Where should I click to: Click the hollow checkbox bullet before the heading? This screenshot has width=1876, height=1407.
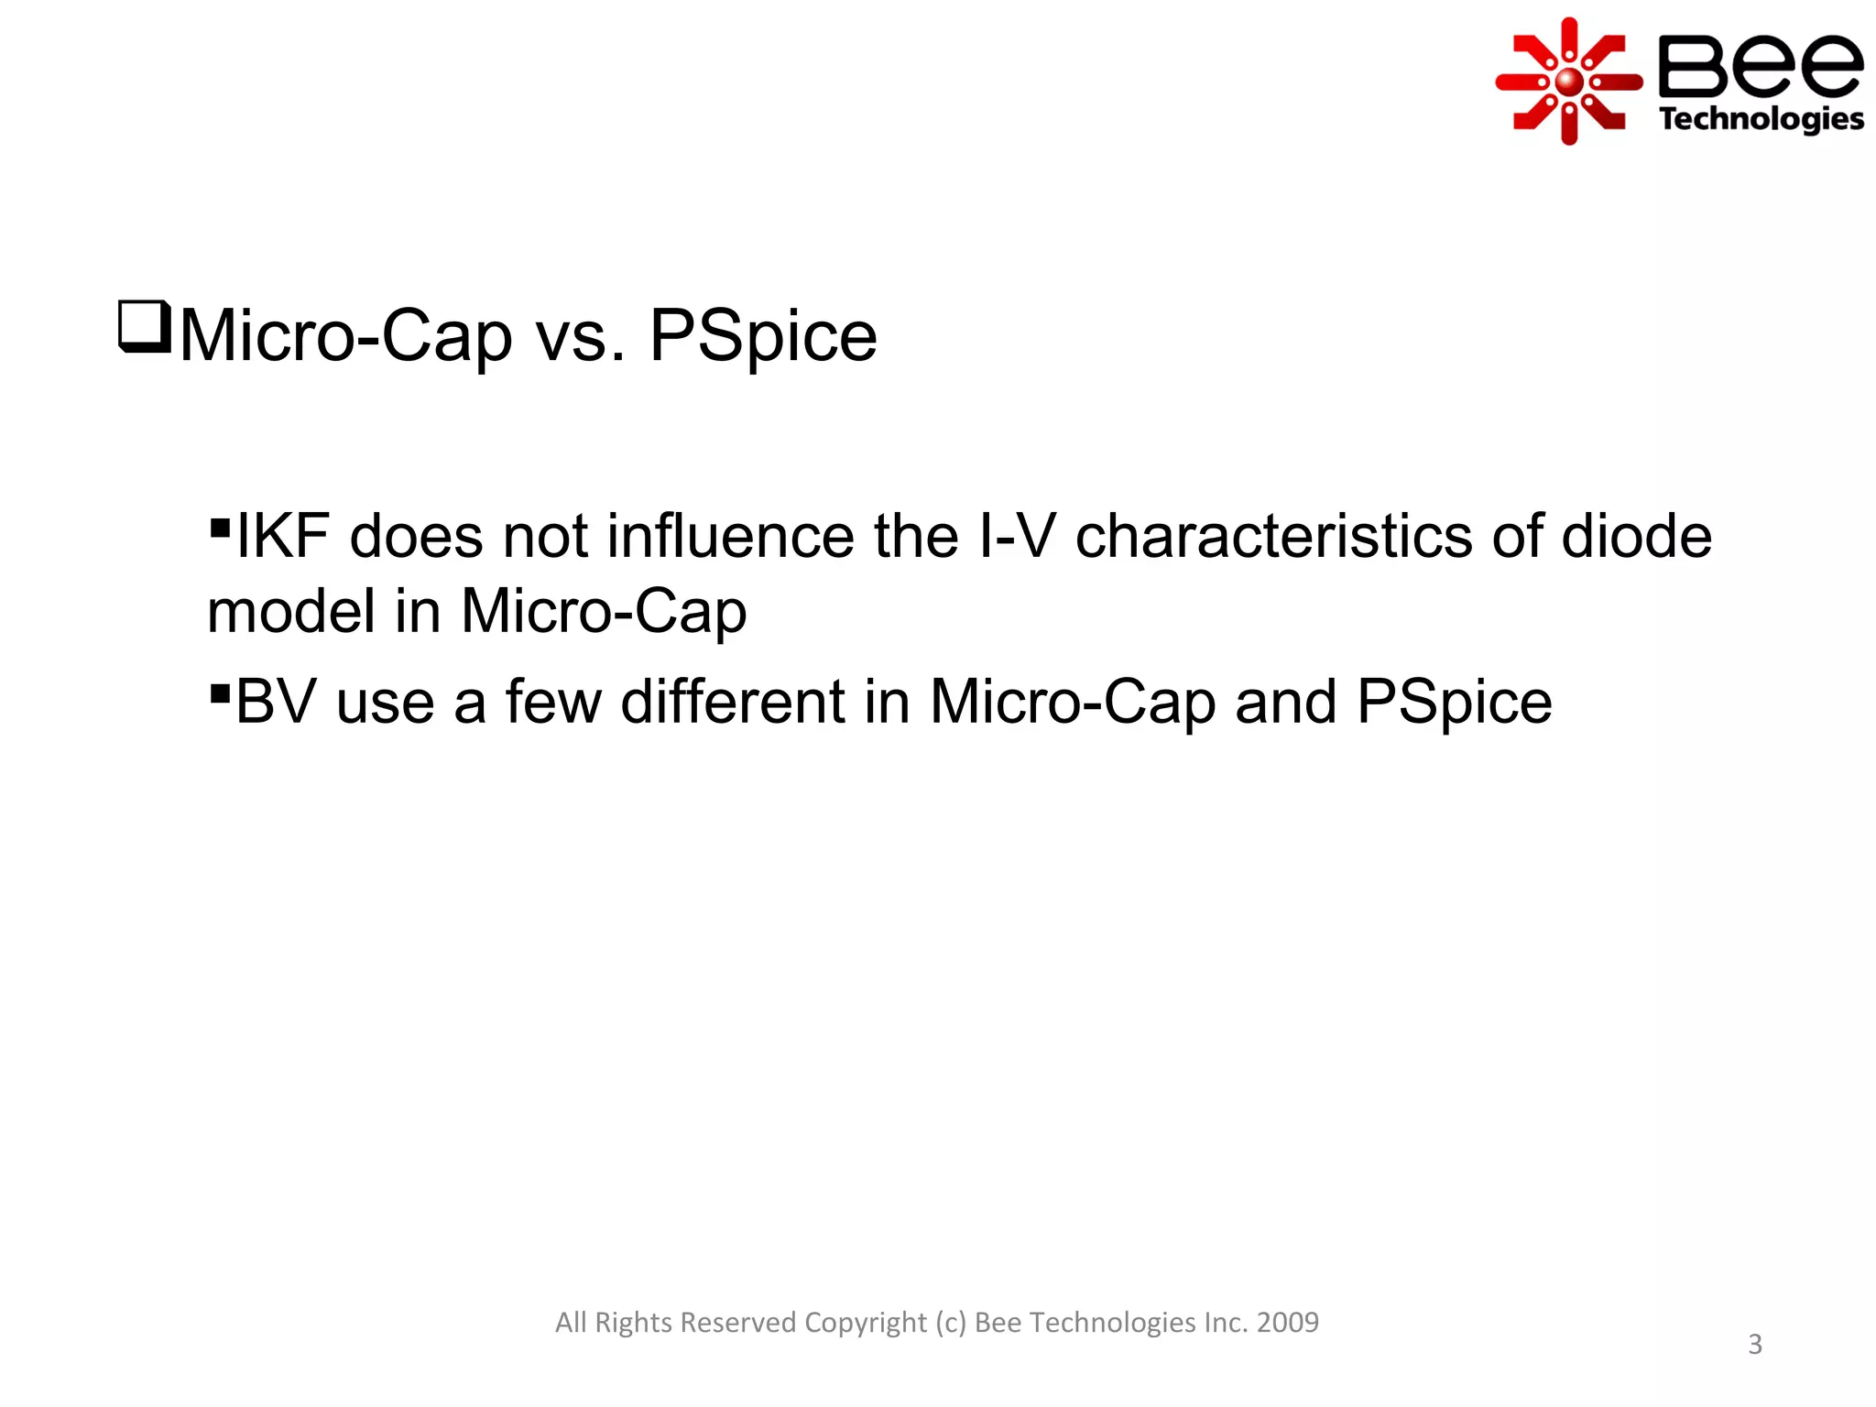point(145,327)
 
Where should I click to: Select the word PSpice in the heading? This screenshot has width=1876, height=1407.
point(763,336)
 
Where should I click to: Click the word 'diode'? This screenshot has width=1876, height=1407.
point(1636,537)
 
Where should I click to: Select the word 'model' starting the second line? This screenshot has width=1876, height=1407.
point(290,611)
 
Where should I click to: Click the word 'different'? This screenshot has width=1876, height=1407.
point(733,703)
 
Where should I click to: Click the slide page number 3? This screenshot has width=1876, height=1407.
point(1755,1345)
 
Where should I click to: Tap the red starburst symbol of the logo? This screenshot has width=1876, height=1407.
point(1569,82)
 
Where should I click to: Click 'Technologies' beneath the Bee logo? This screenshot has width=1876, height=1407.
point(1761,119)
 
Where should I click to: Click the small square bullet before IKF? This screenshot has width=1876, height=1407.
point(219,528)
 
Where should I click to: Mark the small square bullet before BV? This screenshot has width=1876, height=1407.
point(219,693)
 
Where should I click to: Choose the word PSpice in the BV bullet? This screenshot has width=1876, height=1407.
point(1454,703)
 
